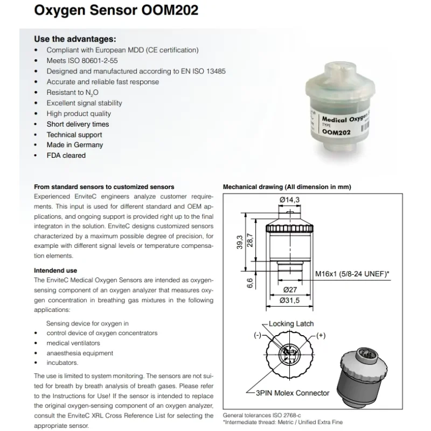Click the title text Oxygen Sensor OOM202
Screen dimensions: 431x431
(x=116, y=10)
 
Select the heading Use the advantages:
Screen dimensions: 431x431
(x=75, y=39)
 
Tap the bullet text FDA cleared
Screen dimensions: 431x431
(x=66, y=156)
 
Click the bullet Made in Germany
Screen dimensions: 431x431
(x=74, y=145)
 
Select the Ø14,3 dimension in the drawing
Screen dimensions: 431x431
(x=289, y=201)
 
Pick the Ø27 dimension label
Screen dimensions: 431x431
(x=290, y=289)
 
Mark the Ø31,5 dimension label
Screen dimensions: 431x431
(x=290, y=300)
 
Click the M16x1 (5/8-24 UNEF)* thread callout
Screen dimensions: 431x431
(x=352, y=274)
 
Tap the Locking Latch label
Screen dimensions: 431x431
(x=291, y=324)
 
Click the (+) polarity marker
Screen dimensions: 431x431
(x=322, y=336)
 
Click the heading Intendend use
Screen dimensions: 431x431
(x=55, y=270)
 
